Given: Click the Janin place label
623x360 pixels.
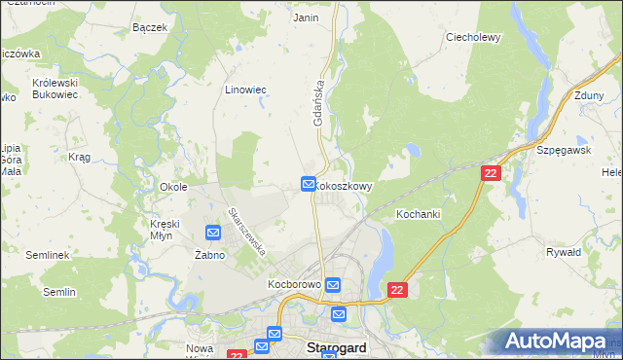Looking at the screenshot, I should coord(306,18).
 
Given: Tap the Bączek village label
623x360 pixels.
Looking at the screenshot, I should coord(151,27).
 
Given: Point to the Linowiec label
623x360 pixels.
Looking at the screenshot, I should coord(245,90).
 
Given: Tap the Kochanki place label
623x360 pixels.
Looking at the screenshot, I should coord(419,213).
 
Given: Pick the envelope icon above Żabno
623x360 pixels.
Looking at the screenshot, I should coord(213,232).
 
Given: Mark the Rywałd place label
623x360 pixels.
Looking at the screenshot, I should coord(564,252).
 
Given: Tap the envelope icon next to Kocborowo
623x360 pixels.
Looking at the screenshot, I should coord(333,285).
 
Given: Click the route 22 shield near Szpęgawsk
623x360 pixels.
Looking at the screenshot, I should coord(491,172).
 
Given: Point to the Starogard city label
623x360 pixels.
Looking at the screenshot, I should coord(337,347).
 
